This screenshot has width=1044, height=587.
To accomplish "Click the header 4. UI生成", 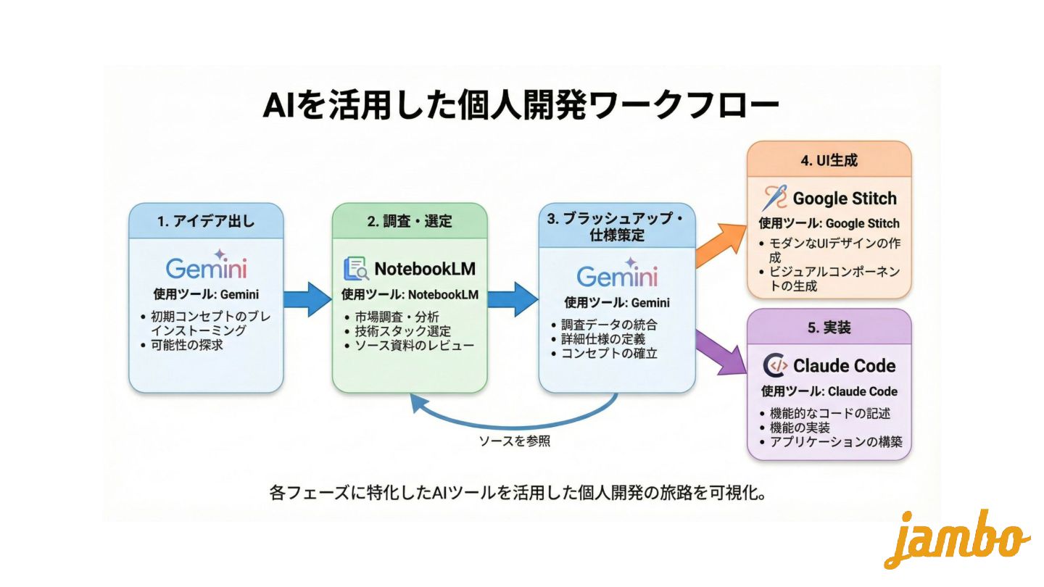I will point(829,160).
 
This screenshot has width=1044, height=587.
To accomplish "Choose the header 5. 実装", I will point(829,328).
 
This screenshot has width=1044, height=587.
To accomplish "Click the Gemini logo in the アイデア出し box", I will point(206,267).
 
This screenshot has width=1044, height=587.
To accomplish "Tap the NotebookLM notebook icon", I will point(355,269).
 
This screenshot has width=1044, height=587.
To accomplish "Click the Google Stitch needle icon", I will point(774,198).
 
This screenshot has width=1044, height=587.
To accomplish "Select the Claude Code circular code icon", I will point(776,365).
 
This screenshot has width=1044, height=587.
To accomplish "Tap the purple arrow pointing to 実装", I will point(720,353).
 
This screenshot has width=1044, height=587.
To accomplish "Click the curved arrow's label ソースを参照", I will point(515,440).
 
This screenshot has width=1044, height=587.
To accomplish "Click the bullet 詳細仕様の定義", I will point(603,338).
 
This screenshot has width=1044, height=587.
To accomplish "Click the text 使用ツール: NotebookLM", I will point(410,295).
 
